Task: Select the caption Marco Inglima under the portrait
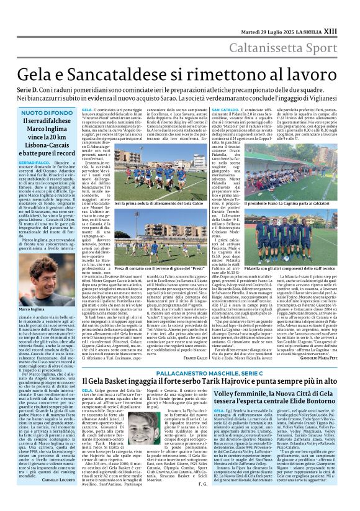point(32,309)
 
